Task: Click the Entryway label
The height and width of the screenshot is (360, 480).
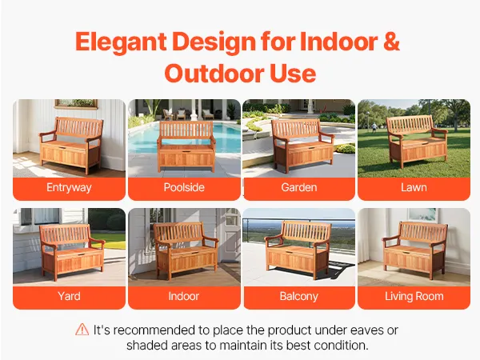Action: pos(69,187)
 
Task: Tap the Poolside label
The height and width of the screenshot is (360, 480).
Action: pos(184,187)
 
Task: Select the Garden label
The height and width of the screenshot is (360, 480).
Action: pos(299,187)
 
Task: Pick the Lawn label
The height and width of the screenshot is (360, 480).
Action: pos(414,187)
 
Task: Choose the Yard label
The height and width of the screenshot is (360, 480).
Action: pos(69,296)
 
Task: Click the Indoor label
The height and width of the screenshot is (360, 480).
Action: pos(184,296)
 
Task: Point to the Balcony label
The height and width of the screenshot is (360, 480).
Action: pos(299,296)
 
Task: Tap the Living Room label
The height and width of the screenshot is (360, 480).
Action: pos(414,296)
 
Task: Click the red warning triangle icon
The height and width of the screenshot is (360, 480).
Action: pos(82,330)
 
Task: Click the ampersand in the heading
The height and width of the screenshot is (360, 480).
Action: pos(391,41)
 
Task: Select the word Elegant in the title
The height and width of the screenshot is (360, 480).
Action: pos(121,42)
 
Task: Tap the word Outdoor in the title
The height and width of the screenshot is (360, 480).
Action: pos(214,74)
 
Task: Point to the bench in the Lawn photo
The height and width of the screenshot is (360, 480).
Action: pos(417,141)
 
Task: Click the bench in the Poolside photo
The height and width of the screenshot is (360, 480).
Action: pos(186,146)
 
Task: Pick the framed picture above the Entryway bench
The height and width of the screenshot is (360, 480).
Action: pos(76,104)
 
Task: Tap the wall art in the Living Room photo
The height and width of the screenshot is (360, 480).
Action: pos(422,214)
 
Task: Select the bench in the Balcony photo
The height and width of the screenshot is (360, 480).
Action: pos(298,250)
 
